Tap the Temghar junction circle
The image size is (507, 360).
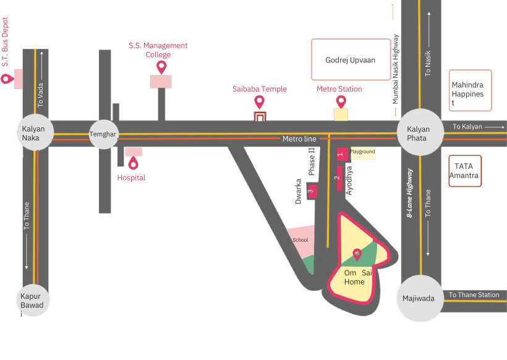[103, 134]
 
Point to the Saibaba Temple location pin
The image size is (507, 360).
[260, 102]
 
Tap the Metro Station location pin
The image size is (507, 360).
[341, 101]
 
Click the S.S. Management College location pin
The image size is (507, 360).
[162, 67]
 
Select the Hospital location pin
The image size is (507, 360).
[133, 163]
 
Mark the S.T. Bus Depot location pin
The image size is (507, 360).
[7, 79]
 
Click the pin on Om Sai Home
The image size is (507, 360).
[357, 254]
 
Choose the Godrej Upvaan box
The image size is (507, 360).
[351, 60]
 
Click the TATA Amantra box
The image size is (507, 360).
[465, 171]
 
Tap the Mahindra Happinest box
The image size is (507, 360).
[471, 90]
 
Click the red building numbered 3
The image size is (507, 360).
[312, 192]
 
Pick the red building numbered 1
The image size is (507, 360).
[340, 153]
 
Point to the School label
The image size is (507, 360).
[300, 240]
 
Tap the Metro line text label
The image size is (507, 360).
[299, 139]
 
